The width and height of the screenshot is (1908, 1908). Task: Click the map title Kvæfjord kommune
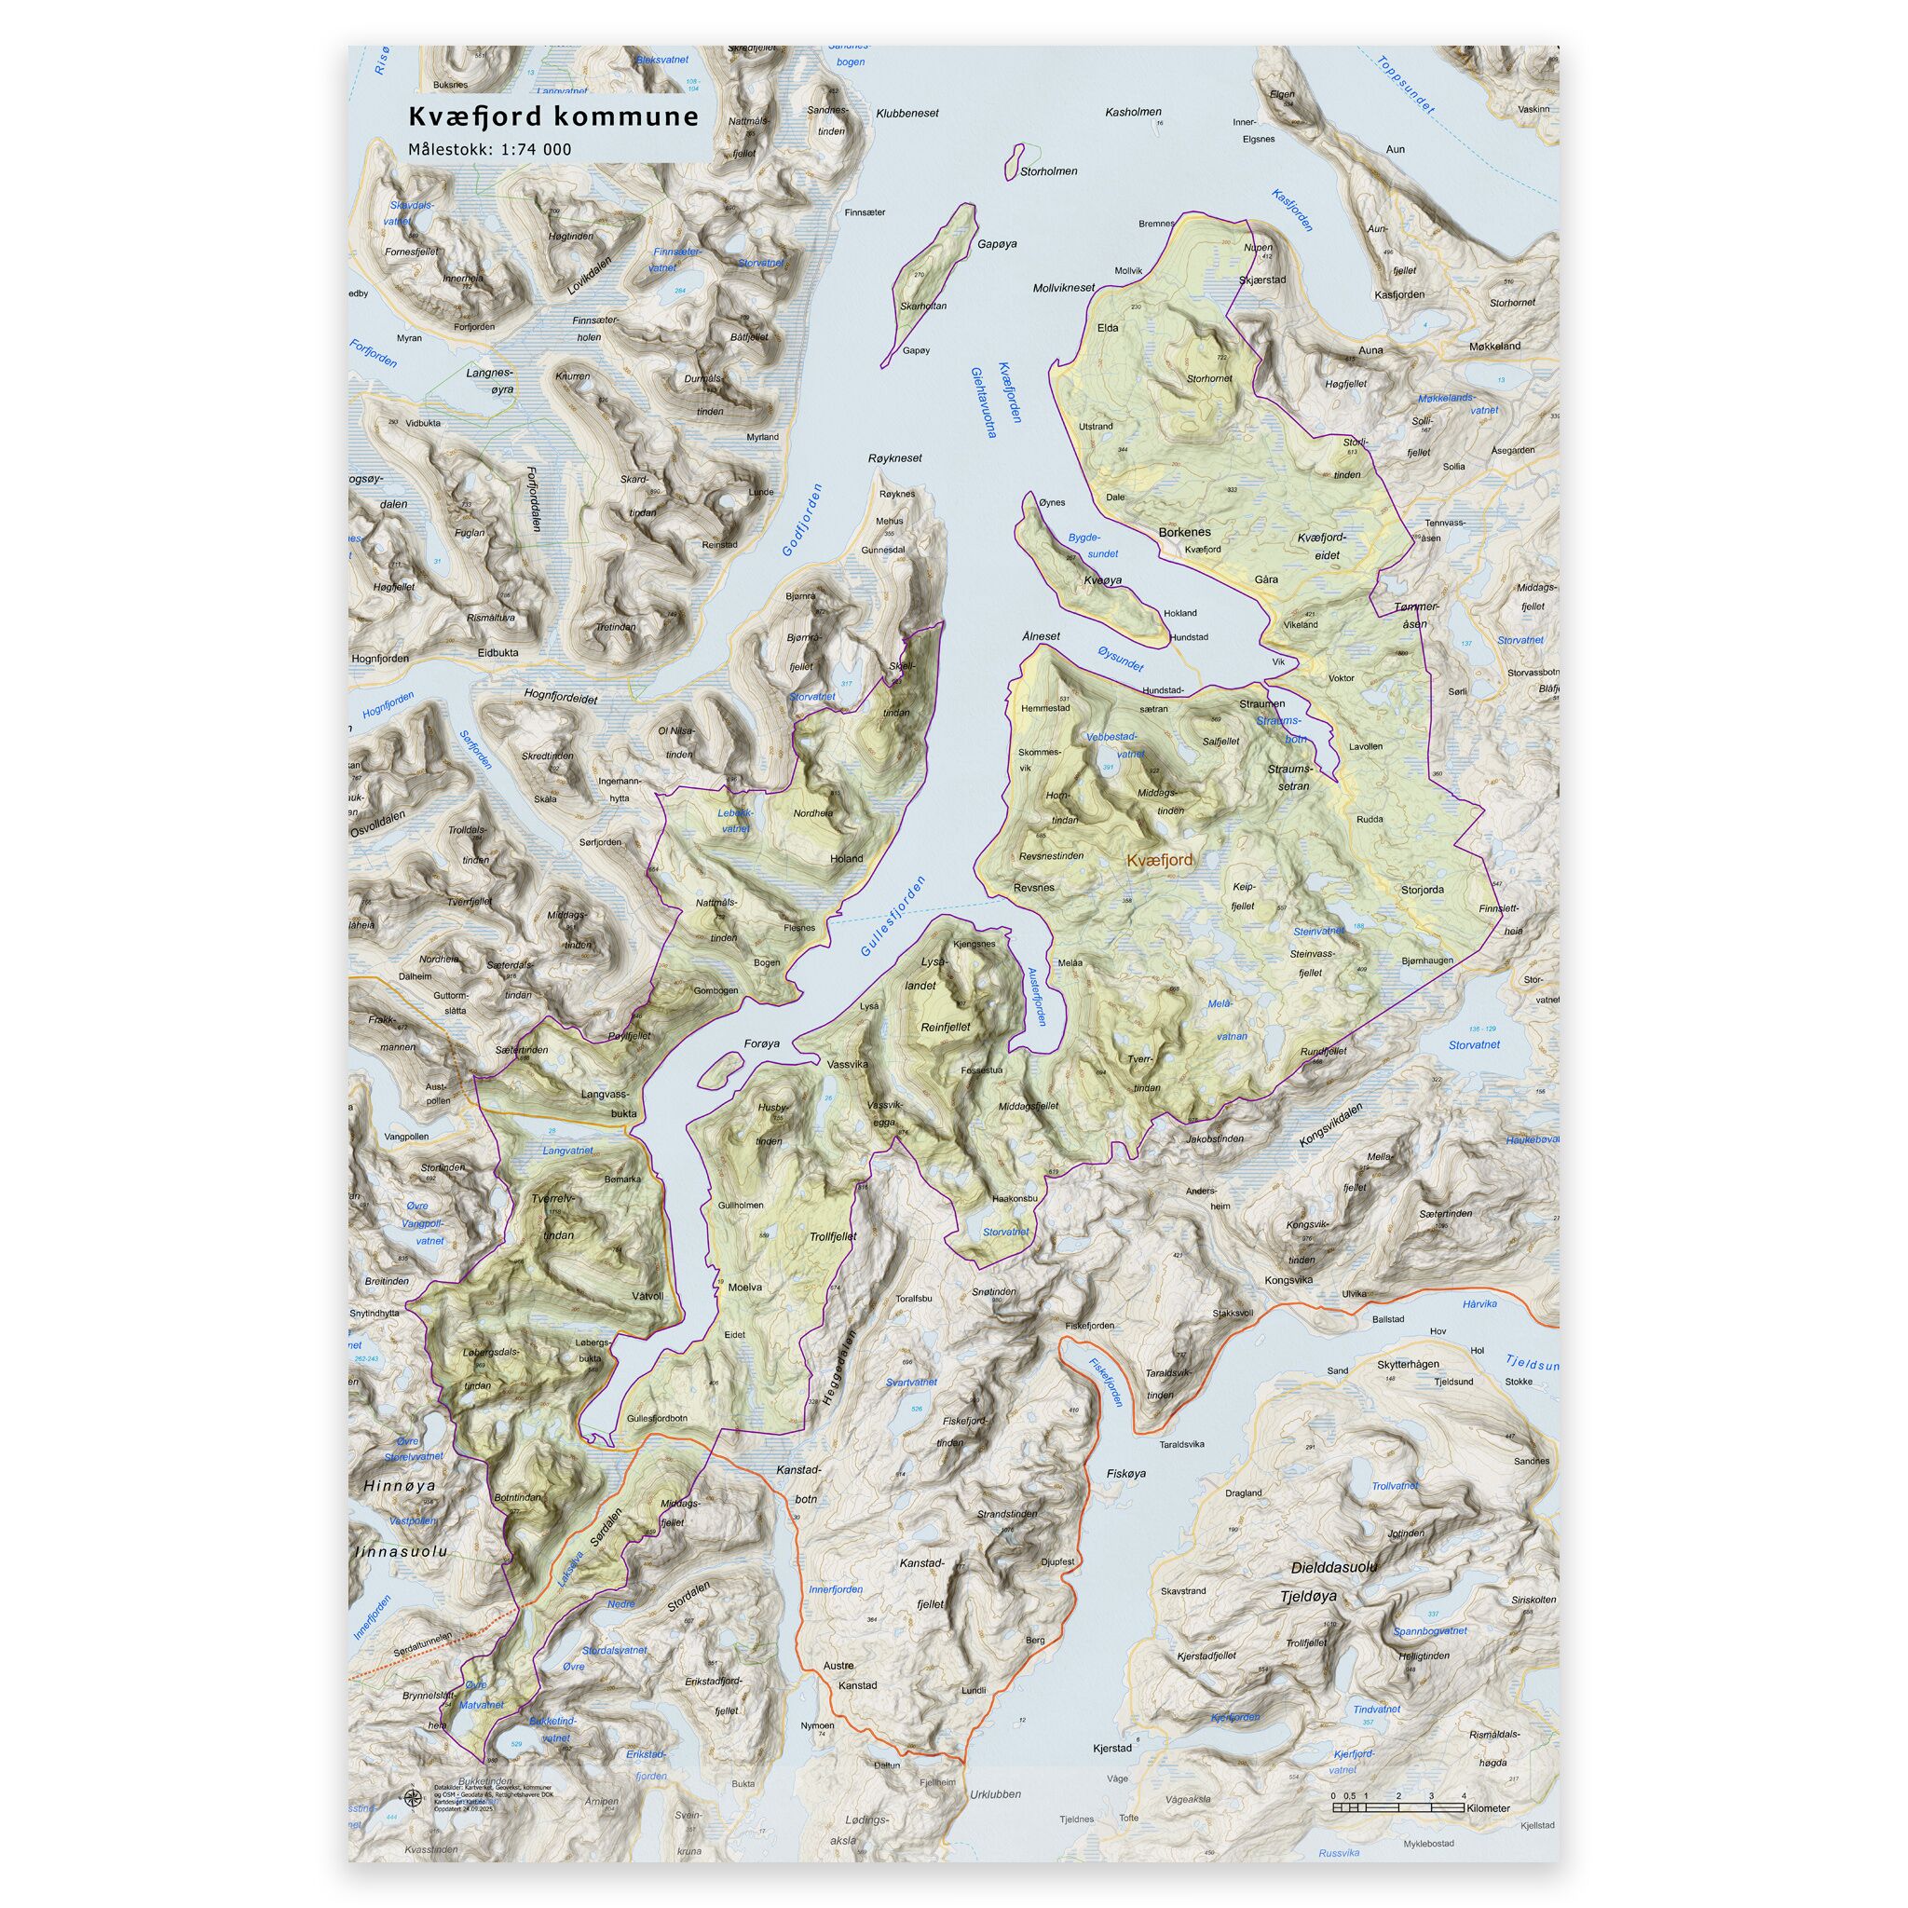[553, 116]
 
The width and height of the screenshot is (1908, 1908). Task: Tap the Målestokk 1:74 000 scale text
[490, 150]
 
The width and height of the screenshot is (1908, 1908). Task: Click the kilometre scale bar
[1397, 1806]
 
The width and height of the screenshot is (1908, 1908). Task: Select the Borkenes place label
[1184, 532]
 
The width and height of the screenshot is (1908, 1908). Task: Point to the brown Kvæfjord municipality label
[1159, 860]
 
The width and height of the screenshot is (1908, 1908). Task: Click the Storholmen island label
[1049, 171]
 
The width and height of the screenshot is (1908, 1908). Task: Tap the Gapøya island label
[997, 244]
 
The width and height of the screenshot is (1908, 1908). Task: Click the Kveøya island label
[1103, 580]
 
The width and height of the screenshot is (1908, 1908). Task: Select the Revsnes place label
[1034, 888]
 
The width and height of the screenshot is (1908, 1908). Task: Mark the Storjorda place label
[1422, 890]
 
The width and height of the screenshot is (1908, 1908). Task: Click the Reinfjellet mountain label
[945, 1027]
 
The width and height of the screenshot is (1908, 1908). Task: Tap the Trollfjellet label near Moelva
[834, 1236]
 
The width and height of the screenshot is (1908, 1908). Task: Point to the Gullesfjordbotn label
[657, 1419]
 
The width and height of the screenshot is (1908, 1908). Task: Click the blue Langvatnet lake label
[568, 1151]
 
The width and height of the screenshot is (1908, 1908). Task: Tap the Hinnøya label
[399, 1485]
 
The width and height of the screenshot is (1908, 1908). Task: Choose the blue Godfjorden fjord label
[802, 520]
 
